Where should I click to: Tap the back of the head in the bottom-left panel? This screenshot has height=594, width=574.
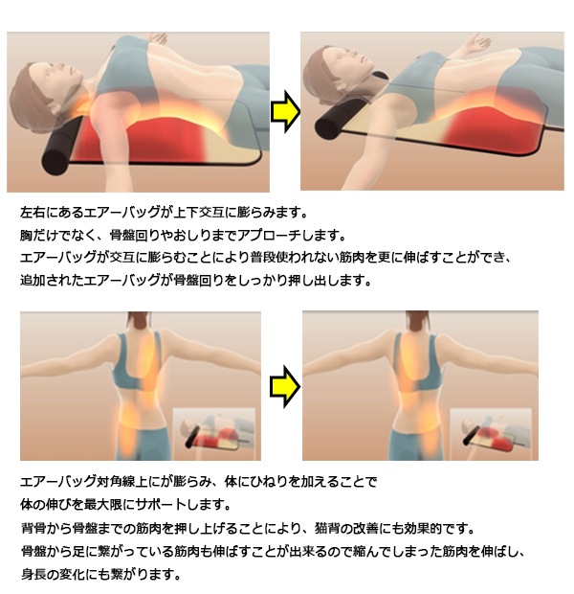point(133,321)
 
